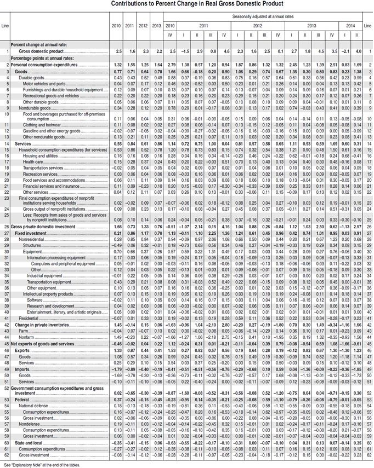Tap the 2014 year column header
pos(350,26)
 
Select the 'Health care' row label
pos(32,162)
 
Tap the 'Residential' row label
pos(29,318)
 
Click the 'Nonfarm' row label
pos(27,337)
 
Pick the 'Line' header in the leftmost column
pos(5,26)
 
